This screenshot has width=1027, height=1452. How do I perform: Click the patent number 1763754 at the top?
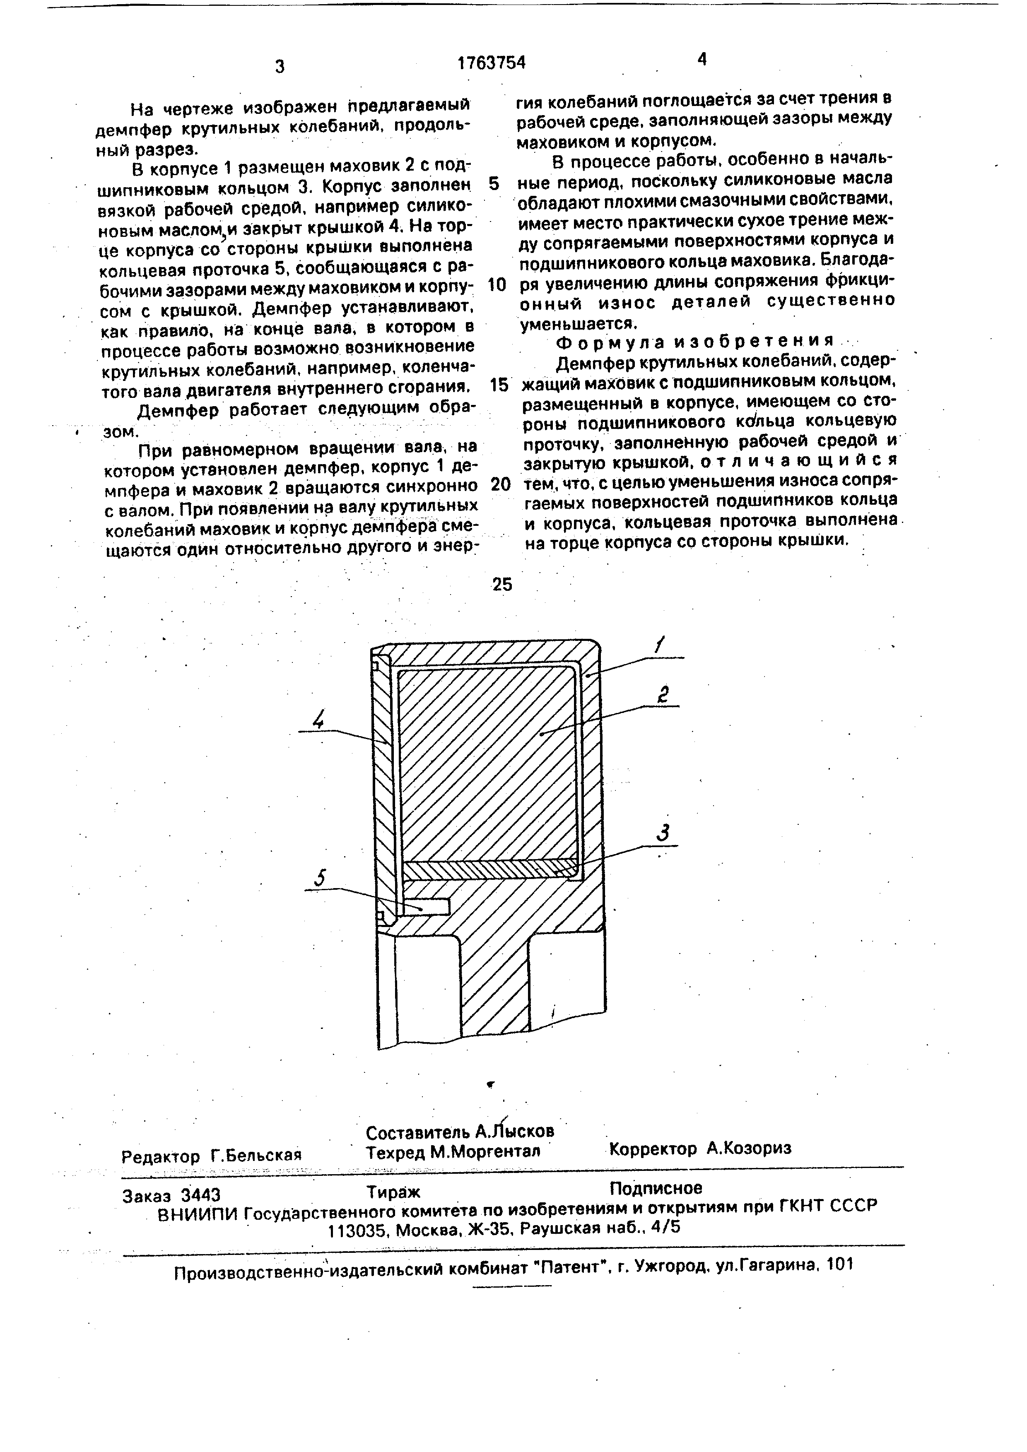(492, 62)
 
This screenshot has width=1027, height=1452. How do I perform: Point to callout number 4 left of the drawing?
(319, 720)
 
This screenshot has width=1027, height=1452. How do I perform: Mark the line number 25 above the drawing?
(502, 584)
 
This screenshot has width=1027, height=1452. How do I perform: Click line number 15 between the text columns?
(499, 385)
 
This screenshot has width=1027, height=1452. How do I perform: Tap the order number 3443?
(200, 1194)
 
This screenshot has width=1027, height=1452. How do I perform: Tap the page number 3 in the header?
(280, 66)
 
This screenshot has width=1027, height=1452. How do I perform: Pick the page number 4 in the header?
(702, 60)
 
